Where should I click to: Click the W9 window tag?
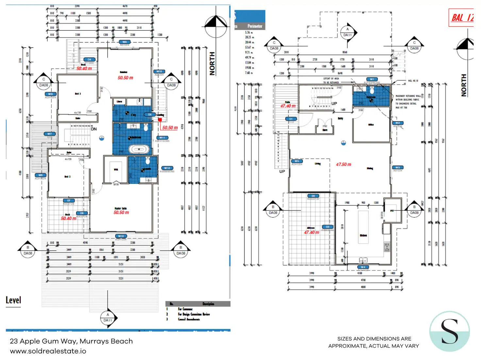click(124, 42)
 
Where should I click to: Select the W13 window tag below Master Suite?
click(121, 236)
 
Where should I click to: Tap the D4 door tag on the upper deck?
click(89, 59)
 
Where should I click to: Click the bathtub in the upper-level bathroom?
click(139, 149)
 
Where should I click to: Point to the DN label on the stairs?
click(94, 129)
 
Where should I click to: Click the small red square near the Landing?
click(160, 120)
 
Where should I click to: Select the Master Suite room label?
click(121, 208)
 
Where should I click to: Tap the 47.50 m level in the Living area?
click(343, 164)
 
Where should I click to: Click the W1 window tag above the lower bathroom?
click(372, 79)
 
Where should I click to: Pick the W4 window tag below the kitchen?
click(363, 267)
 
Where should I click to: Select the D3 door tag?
click(313, 196)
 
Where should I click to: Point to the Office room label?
click(371, 125)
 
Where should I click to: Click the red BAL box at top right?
click(461, 18)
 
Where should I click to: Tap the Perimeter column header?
click(255, 26)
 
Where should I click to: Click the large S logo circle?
click(449, 331)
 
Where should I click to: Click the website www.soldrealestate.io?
click(48, 351)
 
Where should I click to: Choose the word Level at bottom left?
click(13, 300)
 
